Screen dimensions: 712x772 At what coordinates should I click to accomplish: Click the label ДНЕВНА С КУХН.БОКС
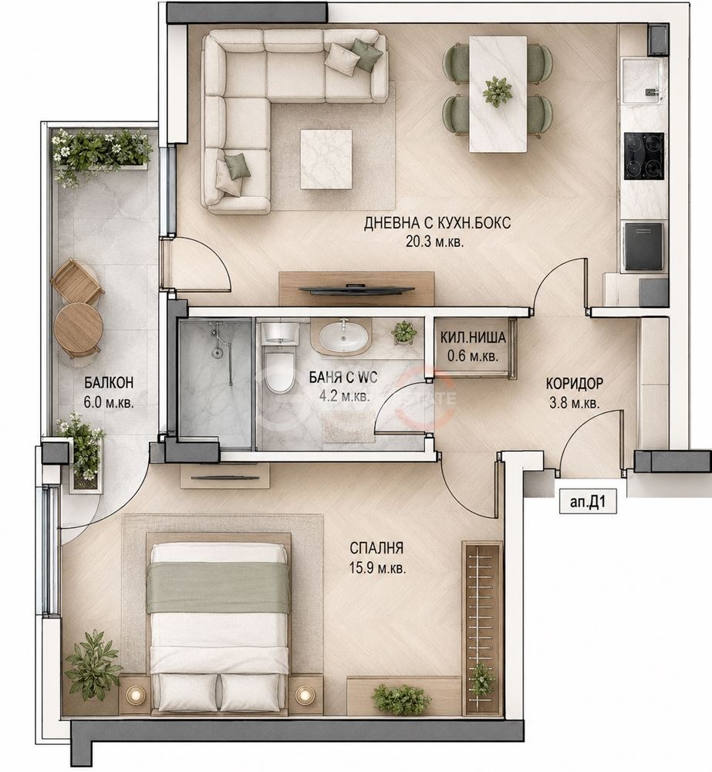tap(437, 223)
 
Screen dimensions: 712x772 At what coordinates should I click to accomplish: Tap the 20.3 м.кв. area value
tap(435, 242)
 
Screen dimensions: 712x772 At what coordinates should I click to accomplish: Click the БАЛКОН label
tap(109, 383)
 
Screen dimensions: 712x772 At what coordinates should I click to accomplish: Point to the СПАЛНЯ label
tap(377, 548)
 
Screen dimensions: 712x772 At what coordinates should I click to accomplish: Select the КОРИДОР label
tap(574, 383)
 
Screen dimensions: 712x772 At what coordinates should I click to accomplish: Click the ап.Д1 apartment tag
tap(587, 503)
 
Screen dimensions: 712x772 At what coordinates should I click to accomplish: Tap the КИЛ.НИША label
tap(473, 338)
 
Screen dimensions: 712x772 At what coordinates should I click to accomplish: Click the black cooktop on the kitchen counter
tap(644, 156)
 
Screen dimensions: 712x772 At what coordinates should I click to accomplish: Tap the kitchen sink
tap(643, 81)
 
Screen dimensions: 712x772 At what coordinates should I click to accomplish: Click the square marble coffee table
tap(327, 159)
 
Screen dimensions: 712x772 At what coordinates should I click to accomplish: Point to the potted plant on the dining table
tap(497, 91)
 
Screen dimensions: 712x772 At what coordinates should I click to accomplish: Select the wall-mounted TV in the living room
tap(356, 289)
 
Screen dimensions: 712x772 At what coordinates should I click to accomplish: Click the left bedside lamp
tap(133, 696)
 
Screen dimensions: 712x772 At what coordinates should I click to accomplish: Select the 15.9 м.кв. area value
tap(377, 569)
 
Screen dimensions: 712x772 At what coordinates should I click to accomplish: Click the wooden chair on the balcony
tap(77, 282)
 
